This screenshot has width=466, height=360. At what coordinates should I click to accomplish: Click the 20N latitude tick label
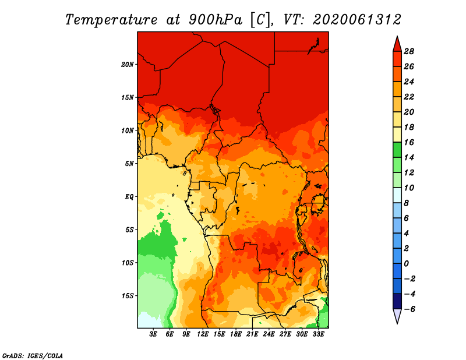pos(128,65)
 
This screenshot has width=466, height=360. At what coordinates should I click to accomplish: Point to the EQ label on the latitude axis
pos(129,197)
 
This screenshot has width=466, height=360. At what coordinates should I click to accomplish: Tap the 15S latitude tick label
pos(128,296)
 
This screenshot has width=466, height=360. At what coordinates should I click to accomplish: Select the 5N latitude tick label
pos(129,164)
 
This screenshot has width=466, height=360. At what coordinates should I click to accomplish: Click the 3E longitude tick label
pos(153,334)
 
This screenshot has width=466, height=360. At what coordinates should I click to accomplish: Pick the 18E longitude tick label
pos(235,334)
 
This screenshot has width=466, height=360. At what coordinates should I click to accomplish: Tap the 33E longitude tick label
pos(318,334)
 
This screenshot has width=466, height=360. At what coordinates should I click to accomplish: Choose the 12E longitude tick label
pos(202,334)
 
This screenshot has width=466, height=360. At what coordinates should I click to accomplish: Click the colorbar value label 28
pos(409,51)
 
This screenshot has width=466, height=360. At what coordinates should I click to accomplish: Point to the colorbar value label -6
pos(409,309)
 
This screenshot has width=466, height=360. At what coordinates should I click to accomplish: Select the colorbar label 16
pos(409,142)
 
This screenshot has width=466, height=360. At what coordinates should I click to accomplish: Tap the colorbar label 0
pos(406,264)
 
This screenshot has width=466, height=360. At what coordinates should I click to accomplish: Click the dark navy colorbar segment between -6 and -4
pos(397,301)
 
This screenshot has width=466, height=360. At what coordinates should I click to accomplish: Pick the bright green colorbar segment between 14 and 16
pos(397,150)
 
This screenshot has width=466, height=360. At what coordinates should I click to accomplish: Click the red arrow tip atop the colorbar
pos(397,36)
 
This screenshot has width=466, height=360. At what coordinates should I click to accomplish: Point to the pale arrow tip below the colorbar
pos(397,323)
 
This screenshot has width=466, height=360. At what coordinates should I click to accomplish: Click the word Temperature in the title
pos(111,20)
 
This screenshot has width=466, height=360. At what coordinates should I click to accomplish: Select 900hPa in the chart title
pos(216,20)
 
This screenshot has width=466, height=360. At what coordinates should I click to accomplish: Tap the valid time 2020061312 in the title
pos(357,20)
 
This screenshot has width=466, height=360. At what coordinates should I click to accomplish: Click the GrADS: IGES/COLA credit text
pos(33,355)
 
